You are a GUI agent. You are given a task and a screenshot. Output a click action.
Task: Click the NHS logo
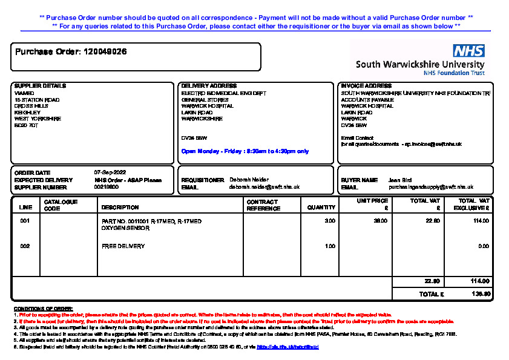[x=468, y=51]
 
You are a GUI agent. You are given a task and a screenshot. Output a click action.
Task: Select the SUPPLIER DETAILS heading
[x=40, y=86]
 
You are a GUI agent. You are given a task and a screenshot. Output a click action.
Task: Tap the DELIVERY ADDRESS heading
[x=209, y=86]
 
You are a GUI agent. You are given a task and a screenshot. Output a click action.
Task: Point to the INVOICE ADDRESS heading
[x=366, y=86]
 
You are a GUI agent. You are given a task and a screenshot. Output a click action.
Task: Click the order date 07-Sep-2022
[x=110, y=172]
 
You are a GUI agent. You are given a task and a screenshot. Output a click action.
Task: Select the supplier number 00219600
[x=107, y=187]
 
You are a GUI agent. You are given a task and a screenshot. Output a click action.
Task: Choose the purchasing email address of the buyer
[x=431, y=188]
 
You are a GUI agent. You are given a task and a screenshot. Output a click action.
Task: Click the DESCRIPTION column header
[x=120, y=208]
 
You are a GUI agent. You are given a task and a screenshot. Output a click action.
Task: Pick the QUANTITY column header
[x=321, y=208]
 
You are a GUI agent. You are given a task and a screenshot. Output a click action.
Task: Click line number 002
[x=25, y=246]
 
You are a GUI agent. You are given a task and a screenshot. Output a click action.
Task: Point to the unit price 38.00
[x=381, y=221]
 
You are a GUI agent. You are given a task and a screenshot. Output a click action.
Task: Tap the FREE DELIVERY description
[x=123, y=246]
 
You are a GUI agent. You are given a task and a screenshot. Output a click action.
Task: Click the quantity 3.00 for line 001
[x=330, y=221]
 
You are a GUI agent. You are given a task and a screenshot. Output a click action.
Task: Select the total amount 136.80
[x=480, y=294]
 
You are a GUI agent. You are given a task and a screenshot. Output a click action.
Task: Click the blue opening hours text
[x=245, y=151]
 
